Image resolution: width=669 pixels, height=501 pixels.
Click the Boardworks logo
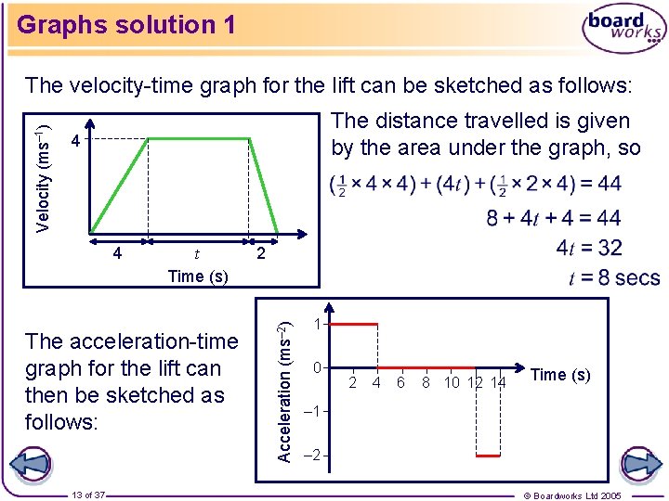(x=623, y=31)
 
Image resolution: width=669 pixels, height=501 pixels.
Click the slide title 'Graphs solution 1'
(x=126, y=24)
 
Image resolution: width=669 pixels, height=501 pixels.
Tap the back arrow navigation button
(x=32, y=464)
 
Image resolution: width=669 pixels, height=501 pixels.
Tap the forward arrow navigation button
(x=640, y=464)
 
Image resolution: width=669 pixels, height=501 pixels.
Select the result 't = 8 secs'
(x=614, y=277)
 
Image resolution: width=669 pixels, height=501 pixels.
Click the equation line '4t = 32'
(x=589, y=248)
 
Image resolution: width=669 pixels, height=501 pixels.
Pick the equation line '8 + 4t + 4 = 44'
(x=554, y=219)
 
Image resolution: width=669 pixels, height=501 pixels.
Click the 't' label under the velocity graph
(x=195, y=253)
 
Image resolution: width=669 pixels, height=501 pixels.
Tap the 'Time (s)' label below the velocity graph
(x=197, y=276)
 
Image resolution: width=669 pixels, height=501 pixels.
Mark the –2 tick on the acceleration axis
(x=315, y=455)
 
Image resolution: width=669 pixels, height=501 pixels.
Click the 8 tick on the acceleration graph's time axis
(x=426, y=382)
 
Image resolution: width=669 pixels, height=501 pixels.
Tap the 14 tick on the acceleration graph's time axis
(x=498, y=382)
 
